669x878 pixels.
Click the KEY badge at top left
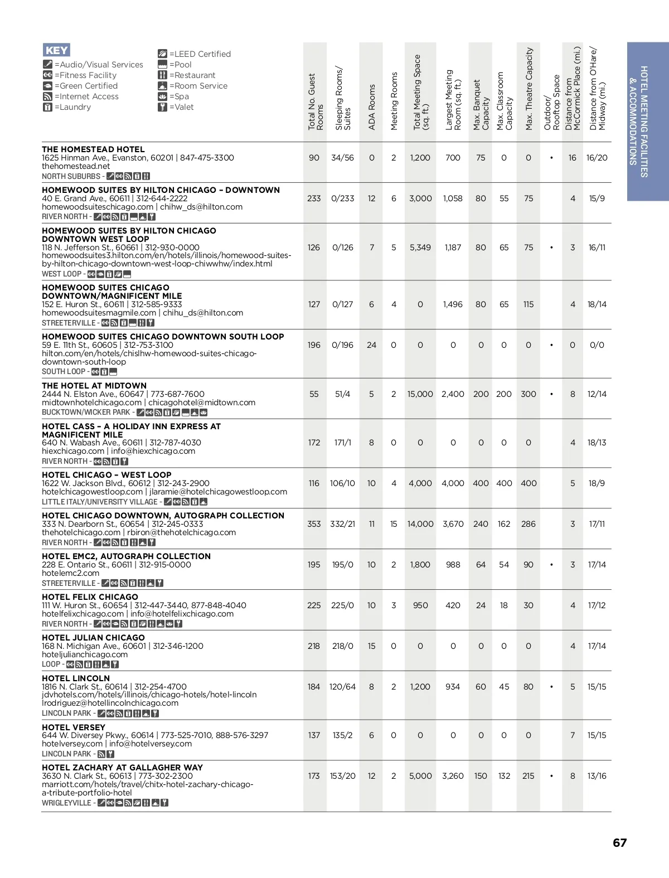pyautogui.click(x=56, y=50)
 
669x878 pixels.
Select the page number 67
pyautogui.click(x=619, y=842)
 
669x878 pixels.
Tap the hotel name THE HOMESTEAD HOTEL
pyautogui.click(x=93, y=149)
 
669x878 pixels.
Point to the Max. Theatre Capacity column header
pyautogui.click(x=529, y=89)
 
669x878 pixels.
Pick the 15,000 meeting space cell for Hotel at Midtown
pyautogui.click(x=420, y=394)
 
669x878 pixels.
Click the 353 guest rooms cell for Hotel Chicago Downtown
pyautogui.click(x=314, y=524)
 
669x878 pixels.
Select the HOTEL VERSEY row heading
pyautogui.click(x=74, y=727)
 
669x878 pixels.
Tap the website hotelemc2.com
pyautogui.click(x=70, y=573)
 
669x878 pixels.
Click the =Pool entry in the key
pyautogui.click(x=180, y=65)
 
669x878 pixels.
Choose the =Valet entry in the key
pyautogui.click(x=181, y=107)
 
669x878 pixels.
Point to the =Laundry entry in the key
pyautogui.click(x=72, y=107)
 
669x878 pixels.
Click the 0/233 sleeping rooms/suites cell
pyautogui.click(x=342, y=198)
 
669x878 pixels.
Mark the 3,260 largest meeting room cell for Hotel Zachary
pyautogui.click(x=453, y=776)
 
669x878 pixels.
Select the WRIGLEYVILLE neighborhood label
pyautogui.click(x=66, y=803)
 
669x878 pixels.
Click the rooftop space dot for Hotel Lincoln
pyautogui.click(x=551, y=687)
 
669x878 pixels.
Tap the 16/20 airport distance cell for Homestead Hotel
pyautogui.click(x=597, y=158)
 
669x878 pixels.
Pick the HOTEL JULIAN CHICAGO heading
pyautogui.click(x=93, y=638)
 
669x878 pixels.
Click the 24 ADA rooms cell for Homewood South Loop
pyautogui.click(x=371, y=345)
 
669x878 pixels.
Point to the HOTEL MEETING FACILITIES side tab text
pyautogui.click(x=644, y=122)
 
